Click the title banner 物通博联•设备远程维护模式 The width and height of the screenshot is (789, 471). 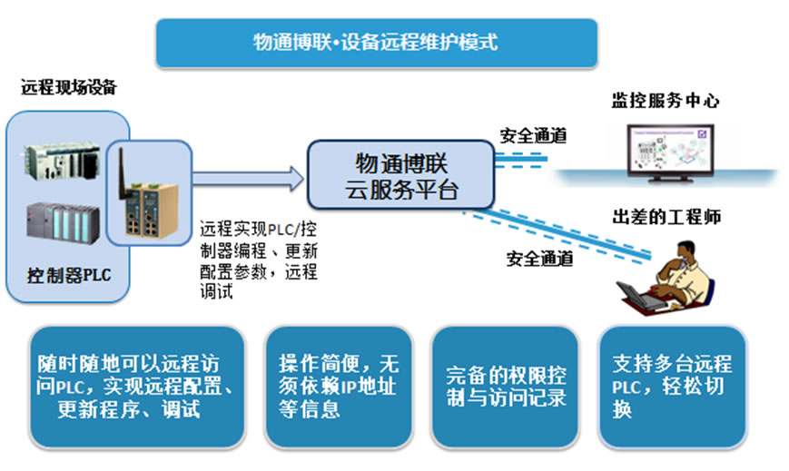[x=377, y=43]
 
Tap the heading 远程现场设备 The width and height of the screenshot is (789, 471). [x=69, y=87]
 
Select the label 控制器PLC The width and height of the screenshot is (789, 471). [x=69, y=275]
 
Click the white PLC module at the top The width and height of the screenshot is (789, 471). [x=63, y=161]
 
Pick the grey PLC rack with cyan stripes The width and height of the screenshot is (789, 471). [x=63, y=222]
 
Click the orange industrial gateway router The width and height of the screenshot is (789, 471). [x=151, y=211]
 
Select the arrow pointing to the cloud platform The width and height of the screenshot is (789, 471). [x=248, y=179]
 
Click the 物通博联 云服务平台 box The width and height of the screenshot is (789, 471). [x=401, y=175]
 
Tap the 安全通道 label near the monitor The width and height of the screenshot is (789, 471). [x=533, y=135]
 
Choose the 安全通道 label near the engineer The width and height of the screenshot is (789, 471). [x=540, y=259]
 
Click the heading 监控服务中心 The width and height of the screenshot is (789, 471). [x=666, y=101]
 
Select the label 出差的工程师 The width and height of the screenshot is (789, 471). [x=666, y=217]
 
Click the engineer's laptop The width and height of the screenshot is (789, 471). [x=639, y=297]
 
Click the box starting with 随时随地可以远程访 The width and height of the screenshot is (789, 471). [x=137, y=387]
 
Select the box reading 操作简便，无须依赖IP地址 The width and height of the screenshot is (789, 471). [x=339, y=387]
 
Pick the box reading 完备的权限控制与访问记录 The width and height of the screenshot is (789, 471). [x=505, y=387]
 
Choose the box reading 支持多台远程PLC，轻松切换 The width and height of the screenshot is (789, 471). [x=672, y=387]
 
